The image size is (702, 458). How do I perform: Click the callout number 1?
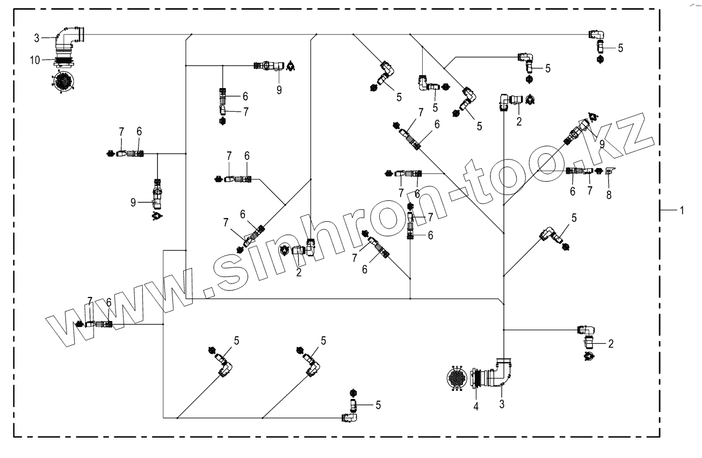point(682,210)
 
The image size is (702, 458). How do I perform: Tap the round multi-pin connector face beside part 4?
point(458,378)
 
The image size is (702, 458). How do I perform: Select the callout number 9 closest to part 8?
point(602,144)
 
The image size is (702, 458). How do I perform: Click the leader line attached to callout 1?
point(669,210)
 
